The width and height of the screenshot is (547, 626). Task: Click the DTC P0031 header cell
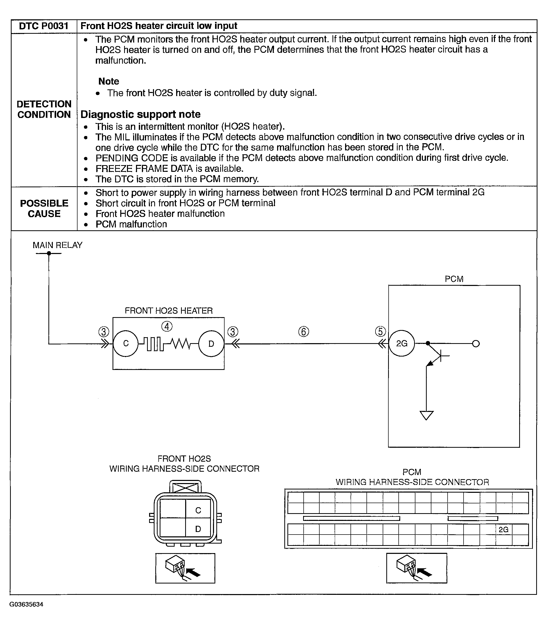44,26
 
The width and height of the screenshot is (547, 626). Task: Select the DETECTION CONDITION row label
44,109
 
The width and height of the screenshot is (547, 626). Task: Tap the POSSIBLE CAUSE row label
44,209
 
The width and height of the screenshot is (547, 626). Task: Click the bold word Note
109,81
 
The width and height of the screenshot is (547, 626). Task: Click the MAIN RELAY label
57,245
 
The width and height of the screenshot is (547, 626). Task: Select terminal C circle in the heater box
126,344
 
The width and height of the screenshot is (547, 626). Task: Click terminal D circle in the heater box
211,344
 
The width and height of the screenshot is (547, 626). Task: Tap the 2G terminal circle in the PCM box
402,344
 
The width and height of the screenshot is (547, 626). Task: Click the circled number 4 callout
167,326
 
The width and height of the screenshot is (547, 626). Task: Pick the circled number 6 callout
303,332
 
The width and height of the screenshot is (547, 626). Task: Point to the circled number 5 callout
380,331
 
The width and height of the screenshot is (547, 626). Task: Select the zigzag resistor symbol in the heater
181,344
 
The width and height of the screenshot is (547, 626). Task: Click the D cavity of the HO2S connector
198,529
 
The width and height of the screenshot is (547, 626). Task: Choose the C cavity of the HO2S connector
198,510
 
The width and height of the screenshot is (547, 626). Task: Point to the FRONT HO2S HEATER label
168,311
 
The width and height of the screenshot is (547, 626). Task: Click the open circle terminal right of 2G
476,344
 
